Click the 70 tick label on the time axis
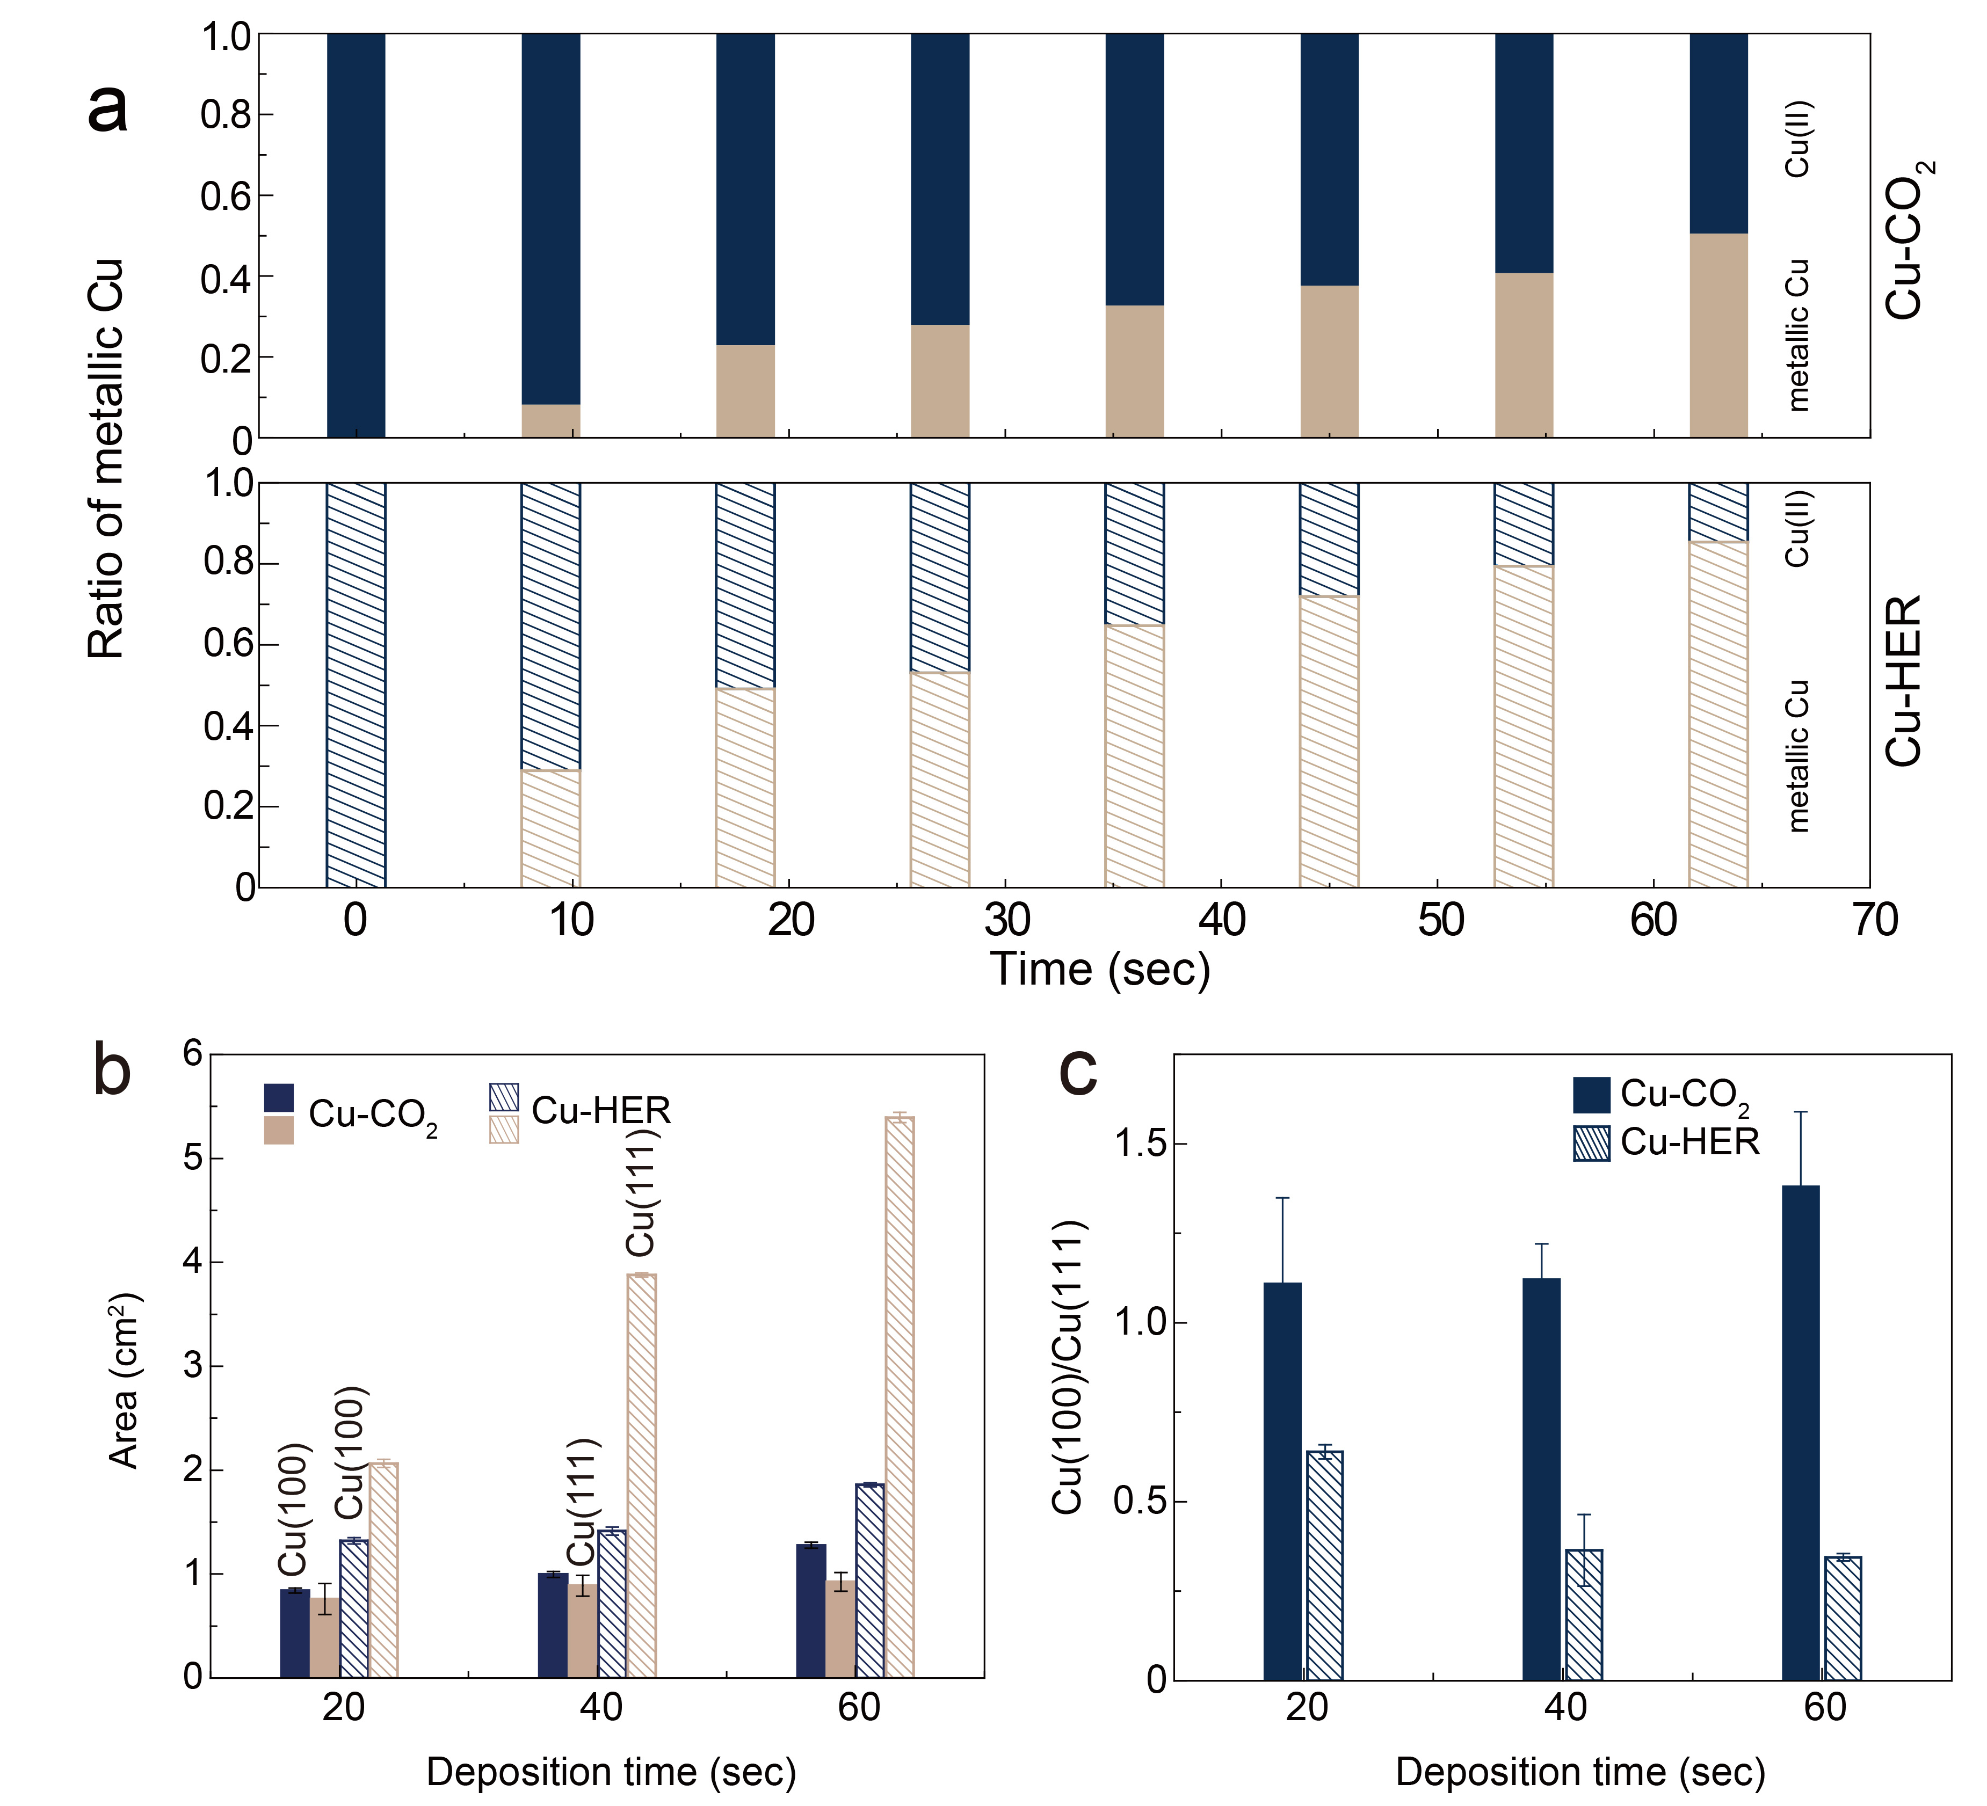pyautogui.click(x=1875, y=920)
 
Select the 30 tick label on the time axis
pyautogui.click(x=1006, y=920)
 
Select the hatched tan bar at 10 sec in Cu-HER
pyautogui.click(x=550, y=828)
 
